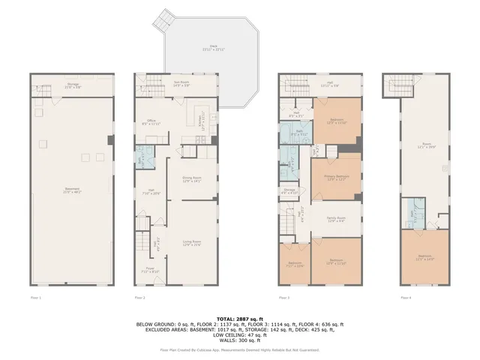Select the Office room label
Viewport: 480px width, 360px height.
tap(151, 124)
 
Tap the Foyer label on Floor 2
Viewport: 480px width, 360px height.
tap(151, 270)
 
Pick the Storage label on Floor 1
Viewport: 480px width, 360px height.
tap(73, 85)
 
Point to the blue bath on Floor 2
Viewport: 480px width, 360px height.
tap(142, 160)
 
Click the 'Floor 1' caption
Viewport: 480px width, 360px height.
tap(35, 298)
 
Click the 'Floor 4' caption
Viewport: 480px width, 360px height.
tap(406, 298)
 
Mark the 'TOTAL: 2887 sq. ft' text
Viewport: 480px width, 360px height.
tap(240, 319)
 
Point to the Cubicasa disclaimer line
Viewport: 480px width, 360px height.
tap(240, 349)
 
